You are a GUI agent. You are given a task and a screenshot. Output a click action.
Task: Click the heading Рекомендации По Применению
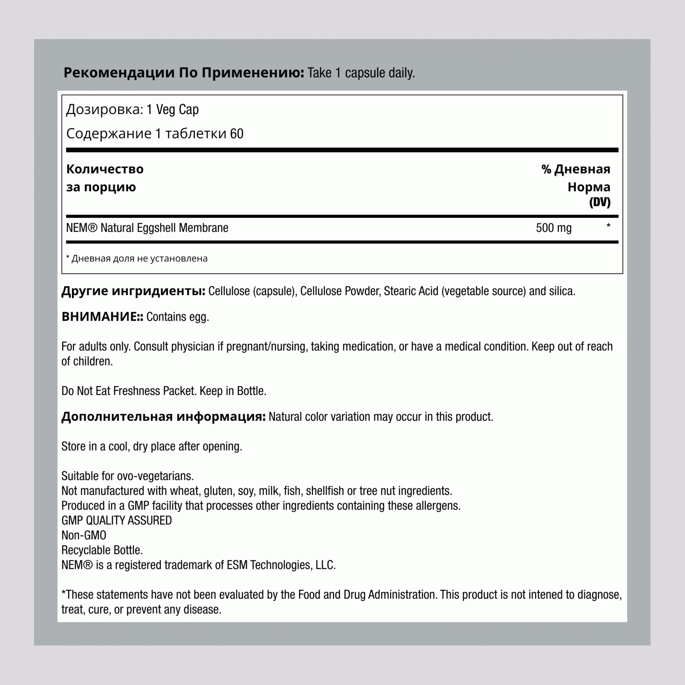point(183,73)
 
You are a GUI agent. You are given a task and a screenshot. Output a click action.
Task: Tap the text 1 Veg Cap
point(172,110)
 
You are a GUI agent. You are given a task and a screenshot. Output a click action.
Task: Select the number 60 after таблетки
point(236,134)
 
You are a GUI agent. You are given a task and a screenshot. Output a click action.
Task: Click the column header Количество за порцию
point(105,178)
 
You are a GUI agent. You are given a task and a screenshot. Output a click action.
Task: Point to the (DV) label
point(600,202)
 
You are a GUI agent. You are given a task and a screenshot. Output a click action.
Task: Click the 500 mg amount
point(554,228)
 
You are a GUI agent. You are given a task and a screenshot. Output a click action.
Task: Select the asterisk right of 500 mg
point(608,226)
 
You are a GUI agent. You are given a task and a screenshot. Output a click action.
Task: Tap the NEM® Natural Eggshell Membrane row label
point(147,228)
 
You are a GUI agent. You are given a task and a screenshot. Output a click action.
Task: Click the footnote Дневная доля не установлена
point(139,259)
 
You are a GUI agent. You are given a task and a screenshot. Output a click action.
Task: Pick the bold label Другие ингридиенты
point(133,291)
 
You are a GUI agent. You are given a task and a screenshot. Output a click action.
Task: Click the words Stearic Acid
point(411,291)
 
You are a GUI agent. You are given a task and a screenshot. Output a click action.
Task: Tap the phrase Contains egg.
point(178,317)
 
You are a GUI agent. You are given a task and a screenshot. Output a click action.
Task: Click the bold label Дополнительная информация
point(164,417)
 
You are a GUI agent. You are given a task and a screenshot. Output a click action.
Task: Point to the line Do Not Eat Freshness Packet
point(129,391)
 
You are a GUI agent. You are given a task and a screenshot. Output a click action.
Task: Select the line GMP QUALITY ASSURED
point(117,520)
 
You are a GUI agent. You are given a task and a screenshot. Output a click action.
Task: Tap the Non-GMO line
point(84,535)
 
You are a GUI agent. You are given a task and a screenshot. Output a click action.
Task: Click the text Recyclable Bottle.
point(102,550)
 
